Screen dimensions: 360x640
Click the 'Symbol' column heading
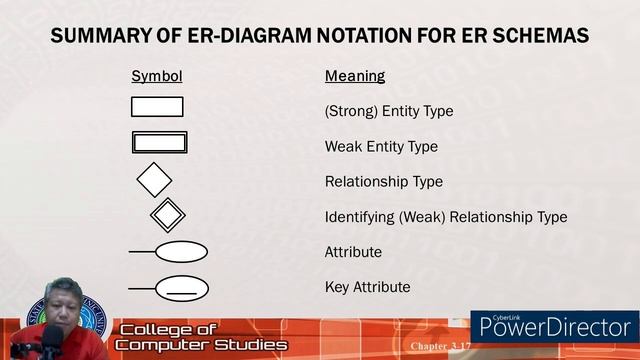pos(156,76)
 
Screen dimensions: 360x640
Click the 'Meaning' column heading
pos(355,76)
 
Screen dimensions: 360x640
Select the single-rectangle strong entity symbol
pos(157,107)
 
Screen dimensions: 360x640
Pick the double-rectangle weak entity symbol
pos(159,142)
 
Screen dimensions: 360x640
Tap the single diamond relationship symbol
pos(154,181)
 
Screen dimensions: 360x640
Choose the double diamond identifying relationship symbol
pos(167,214)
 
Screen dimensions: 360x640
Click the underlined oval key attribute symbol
pos(181,288)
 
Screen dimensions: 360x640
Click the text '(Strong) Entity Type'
pos(389,111)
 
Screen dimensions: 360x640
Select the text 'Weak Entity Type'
pos(381,147)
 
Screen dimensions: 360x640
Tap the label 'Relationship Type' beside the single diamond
pos(384,182)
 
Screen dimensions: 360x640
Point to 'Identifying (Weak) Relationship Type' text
pos(446,217)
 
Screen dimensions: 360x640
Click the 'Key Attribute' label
pos(367,287)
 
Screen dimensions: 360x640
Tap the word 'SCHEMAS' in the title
pos(536,37)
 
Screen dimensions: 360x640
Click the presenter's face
pos(63,306)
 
